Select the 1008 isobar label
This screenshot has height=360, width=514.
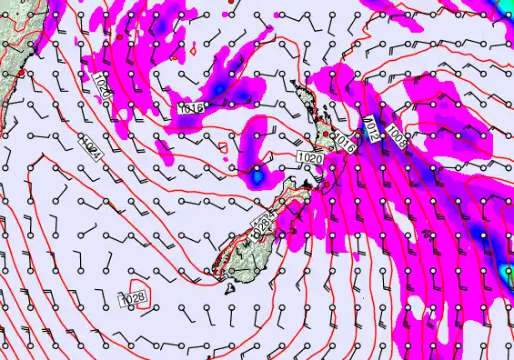click(397, 138)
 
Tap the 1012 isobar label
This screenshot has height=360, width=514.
click(372, 128)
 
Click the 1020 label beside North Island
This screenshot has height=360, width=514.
click(309, 158)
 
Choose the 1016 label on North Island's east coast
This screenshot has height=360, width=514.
click(344, 142)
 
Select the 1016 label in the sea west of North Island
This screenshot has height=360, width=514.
click(190, 108)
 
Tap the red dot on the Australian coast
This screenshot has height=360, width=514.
click(21, 72)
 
